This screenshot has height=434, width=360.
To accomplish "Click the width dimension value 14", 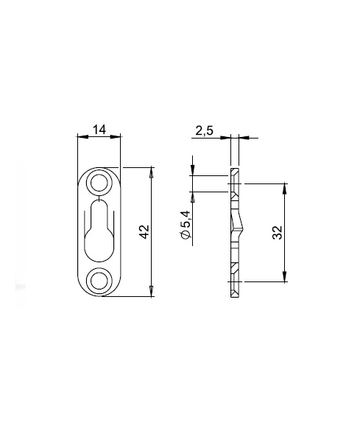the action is pos(99,130).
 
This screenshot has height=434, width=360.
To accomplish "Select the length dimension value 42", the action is pos(144,231).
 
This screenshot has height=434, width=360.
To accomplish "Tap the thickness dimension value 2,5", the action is pos(205,130).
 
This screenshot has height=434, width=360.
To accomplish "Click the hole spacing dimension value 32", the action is pos(277,233).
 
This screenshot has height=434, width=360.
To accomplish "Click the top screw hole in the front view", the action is pos(99,183).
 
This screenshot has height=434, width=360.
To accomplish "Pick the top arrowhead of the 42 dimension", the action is pos(151,172).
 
